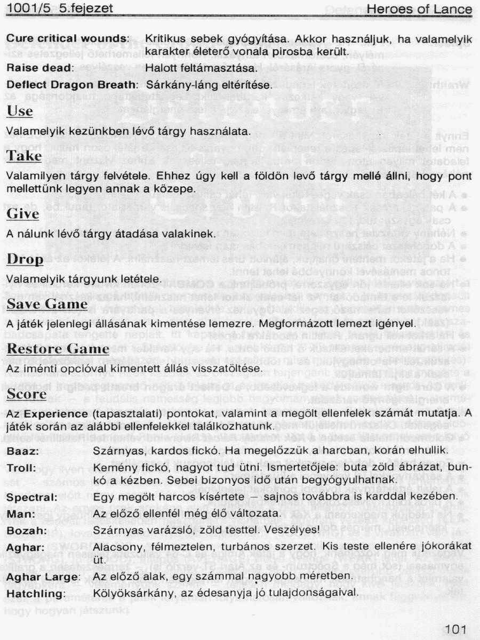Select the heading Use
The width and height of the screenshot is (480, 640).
(20, 111)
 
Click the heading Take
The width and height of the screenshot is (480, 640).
(23, 155)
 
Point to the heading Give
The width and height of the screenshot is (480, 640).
(23, 214)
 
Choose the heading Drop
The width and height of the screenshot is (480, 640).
(25, 259)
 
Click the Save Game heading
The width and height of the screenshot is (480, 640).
(47, 304)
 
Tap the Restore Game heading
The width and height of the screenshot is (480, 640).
(58, 349)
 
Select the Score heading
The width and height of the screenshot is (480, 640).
(27, 394)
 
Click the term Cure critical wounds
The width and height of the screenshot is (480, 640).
(68, 38)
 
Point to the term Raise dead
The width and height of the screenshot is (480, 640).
(39, 68)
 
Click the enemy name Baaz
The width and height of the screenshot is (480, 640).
(21, 451)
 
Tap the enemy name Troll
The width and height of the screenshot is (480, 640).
(21, 468)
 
